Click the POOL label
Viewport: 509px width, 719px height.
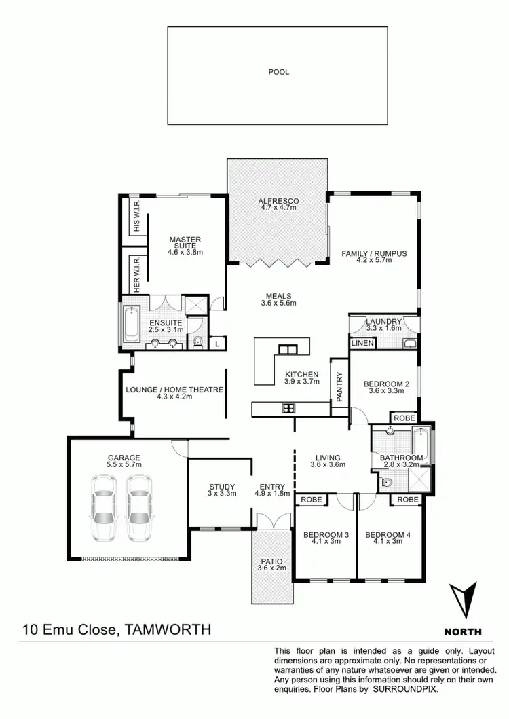(278, 71)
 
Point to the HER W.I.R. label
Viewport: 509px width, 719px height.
(136, 274)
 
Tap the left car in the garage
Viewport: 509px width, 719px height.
(105, 507)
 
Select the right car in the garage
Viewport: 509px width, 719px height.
(140, 507)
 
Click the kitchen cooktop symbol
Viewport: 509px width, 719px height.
(288, 408)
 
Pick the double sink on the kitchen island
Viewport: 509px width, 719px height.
(288, 350)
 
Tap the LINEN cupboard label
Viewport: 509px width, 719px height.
(360, 344)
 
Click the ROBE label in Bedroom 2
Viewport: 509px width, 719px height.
(404, 418)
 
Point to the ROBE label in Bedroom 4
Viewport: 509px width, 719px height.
(408, 499)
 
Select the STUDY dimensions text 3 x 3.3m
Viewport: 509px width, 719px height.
(222, 494)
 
